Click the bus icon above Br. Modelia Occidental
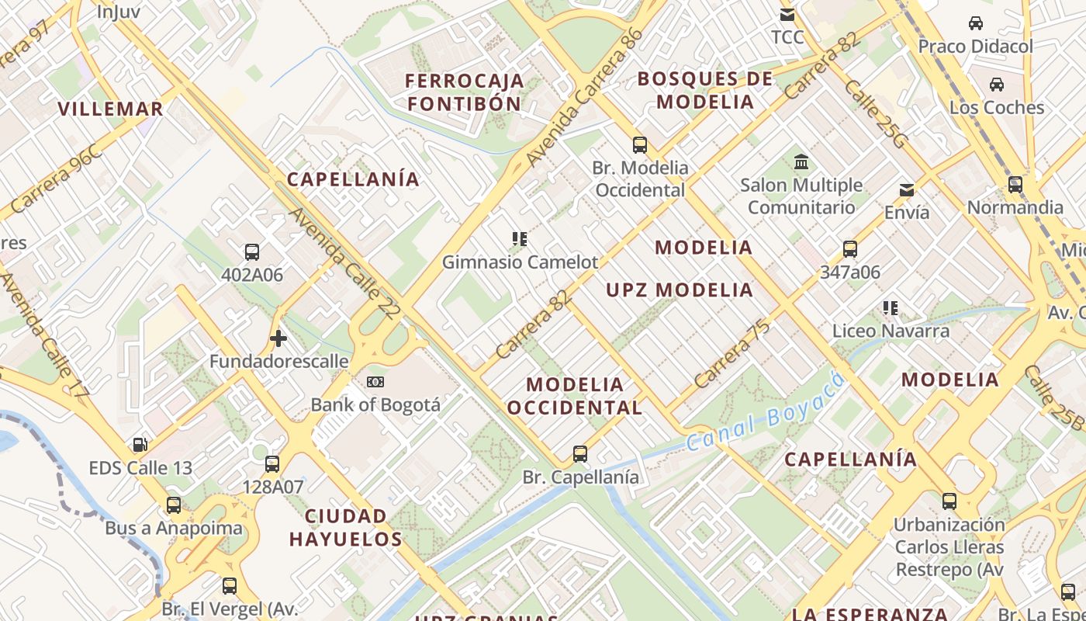pos(640,144)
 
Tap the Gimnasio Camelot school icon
pos(520,239)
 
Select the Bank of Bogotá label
pos(375,404)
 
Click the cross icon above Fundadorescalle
pos(278,338)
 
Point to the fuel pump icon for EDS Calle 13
pos(140,445)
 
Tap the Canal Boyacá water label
pos(765,413)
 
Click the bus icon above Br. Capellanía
pos(580,454)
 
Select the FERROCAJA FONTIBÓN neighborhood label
pos(465,92)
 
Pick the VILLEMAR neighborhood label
pos(111,109)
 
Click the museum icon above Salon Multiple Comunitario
pos(801,162)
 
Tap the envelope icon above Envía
pos(906,190)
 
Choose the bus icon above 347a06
pos(850,249)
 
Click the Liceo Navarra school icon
pos(891,308)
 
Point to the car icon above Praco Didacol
pos(976,23)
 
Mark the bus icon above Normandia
pos(1015,185)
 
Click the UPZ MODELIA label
pos(680,290)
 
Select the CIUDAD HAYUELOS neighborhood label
pos(346,528)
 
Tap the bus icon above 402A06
pos(252,252)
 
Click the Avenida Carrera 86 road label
pos(584,97)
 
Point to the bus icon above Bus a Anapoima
pos(174,505)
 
